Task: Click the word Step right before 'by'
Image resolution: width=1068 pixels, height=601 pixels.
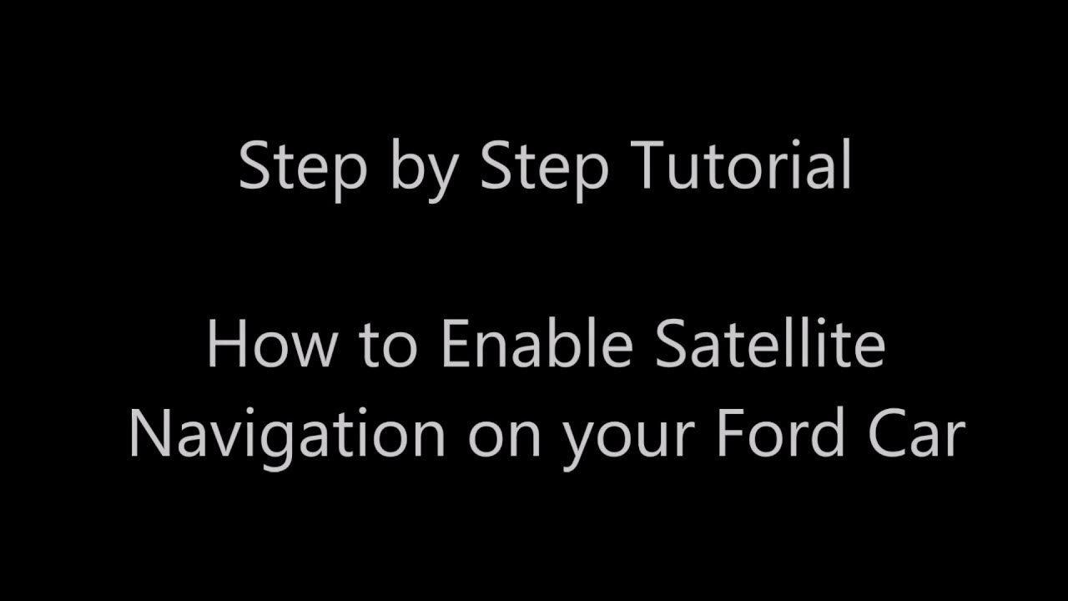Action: (x=303, y=168)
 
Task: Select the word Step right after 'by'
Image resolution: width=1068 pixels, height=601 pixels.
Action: (x=544, y=168)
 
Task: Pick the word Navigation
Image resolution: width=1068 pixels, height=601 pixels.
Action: (x=286, y=435)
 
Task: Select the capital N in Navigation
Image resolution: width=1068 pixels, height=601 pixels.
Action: (x=150, y=435)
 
